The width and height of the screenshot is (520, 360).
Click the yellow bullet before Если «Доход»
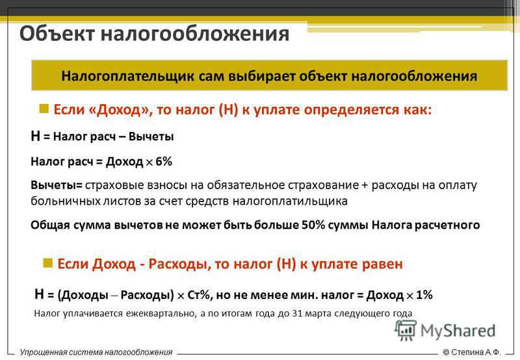44,109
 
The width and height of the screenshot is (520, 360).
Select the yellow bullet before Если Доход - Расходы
47,263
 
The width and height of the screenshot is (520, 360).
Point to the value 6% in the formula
164,161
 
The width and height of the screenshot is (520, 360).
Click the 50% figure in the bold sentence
313,225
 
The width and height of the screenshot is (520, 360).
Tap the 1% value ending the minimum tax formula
424,295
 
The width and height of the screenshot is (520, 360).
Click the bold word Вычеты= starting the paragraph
57,185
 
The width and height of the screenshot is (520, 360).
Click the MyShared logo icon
405,330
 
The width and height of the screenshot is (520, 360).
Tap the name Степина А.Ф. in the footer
476,352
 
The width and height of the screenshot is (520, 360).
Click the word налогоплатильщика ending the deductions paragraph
289,201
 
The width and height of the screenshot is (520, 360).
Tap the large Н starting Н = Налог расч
35,136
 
